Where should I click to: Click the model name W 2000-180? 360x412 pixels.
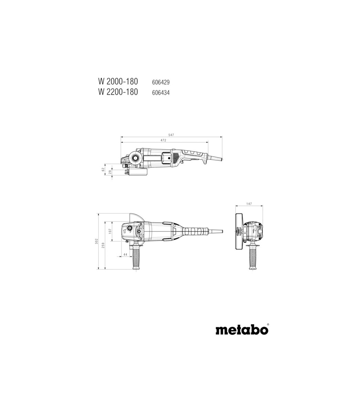[x=118, y=82]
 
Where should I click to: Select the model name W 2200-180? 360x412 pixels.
[x=118, y=92]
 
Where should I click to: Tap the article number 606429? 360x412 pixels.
[x=161, y=82]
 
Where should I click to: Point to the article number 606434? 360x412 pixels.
[x=161, y=92]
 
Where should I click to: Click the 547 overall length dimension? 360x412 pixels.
[x=171, y=135]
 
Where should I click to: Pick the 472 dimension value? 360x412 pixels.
[x=163, y=140]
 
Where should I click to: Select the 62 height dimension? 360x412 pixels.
[x=103, y=169]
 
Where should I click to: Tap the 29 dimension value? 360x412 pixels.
[x=110, y=172]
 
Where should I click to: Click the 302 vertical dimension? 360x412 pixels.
[x=97, y=241]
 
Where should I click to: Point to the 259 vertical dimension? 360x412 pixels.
[x=103, y=245]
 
